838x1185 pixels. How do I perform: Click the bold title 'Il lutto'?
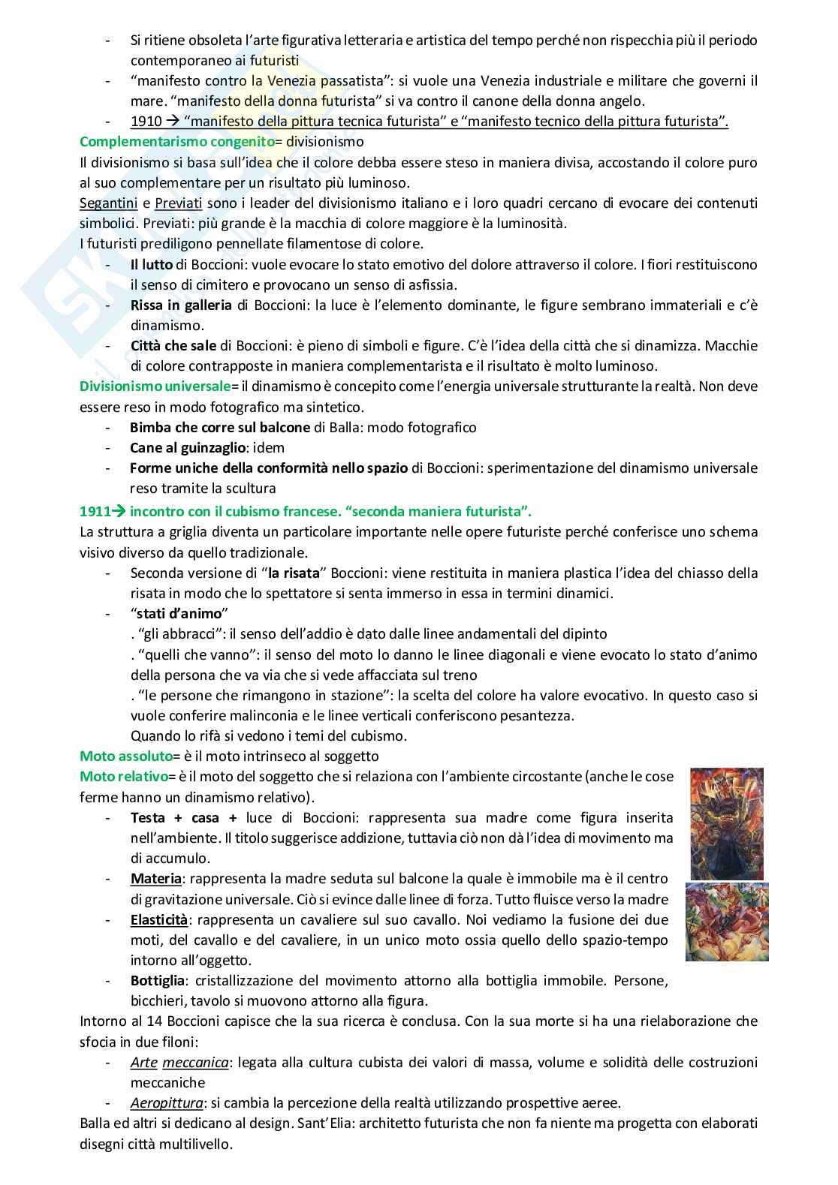click(152, 264)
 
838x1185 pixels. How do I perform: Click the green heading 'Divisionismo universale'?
click(155, 386)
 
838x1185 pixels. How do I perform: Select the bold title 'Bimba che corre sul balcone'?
click(220, 427)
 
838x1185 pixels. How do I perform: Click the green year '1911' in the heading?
click(94, 512)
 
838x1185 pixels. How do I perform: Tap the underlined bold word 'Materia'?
click(155, 878)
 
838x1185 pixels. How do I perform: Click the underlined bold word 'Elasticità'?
click(158, 919)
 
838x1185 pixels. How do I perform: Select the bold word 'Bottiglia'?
click(157, 980)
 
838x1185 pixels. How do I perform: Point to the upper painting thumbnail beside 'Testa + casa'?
click(727, 823)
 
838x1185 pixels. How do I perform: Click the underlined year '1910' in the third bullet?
click(145, 122)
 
